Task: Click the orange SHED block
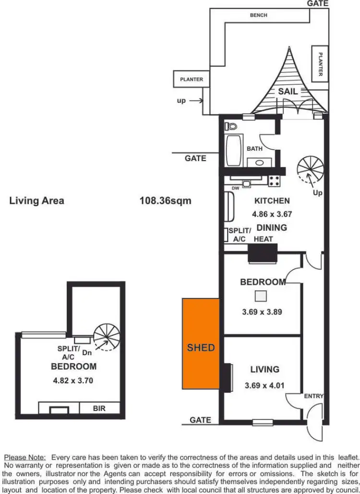click(x=201, y=343)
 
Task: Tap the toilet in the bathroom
click(x=232, y=127)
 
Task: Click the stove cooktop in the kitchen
click(x=274, y=181)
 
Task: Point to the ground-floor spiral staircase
click(x=310, y=168)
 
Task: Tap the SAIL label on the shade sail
click(x=288, y=91)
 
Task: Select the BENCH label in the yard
click(x=259, y=15)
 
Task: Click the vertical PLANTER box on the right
click(x=320, y=61)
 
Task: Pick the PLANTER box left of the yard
click(x=192, y=80)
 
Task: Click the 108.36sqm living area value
click(x=165, y=200)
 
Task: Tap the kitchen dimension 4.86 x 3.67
click(x=272, y=214)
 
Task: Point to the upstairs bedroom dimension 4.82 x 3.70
click(x=74, y=381)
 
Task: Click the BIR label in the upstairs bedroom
click(x=99, y=409)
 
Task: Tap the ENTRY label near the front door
click(x=313, y=396)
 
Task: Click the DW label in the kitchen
click(x=235, y=188)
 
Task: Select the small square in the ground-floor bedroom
click(x=261, y=296)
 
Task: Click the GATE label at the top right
click(x=318, y=3)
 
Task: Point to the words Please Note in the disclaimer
click(x=25, y=458)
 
